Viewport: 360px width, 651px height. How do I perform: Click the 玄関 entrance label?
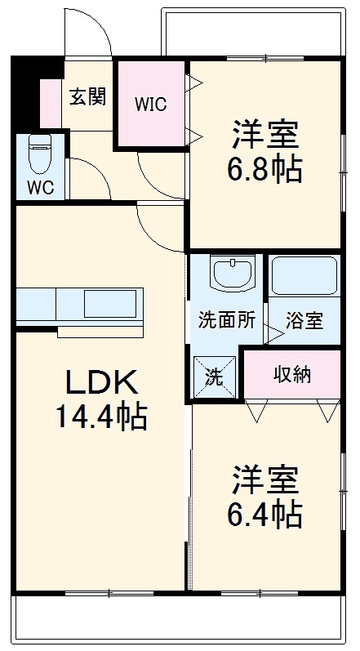pos(87,97)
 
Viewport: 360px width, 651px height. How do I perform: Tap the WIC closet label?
pos(151,104)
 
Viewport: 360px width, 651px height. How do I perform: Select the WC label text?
pos(40,187)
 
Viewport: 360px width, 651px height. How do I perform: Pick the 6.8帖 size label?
pos(264,170)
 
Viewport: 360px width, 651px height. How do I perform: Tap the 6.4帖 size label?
pos(264,514)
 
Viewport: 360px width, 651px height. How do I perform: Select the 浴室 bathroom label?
pos(304,319)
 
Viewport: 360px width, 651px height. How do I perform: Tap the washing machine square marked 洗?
pos(213,377)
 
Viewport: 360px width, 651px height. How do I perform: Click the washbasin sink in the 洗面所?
pos(233,273)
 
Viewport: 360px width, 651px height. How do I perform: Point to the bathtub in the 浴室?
pos(304,276)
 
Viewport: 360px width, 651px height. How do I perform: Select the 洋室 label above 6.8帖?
pos(264,133)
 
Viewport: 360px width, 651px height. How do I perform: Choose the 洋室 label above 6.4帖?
pos(264,479)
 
